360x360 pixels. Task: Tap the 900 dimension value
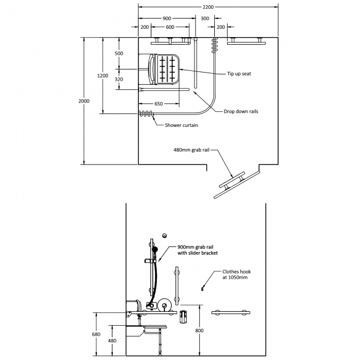tap(167, 18)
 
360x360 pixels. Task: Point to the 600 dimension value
tap(170, 27)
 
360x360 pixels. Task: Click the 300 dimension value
tap(205, 18)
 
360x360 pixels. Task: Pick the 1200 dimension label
tap(102, 75)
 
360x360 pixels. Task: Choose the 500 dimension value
tap(119, 53)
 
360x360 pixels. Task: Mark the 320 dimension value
tap(119, 79)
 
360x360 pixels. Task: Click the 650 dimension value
tap(158, 104)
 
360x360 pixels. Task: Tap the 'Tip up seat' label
tap(239, 73)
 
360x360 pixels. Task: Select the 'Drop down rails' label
tap(241, 111)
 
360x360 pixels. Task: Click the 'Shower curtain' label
tap(181, 125)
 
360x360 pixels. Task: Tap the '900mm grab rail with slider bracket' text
tap(198, 250)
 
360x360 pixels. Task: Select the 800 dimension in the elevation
tap(199, 331)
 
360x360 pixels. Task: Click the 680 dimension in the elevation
tap(96, 334)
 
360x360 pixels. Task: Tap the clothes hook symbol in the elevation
tap(203, 288)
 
